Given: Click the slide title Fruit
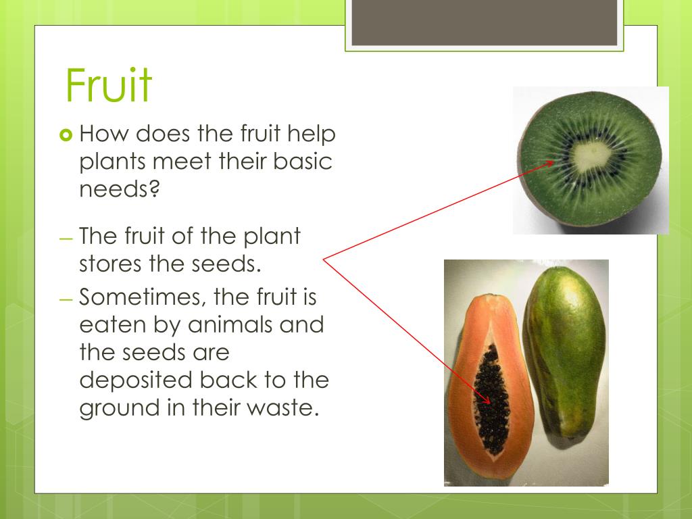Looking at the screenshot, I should click(x=109, y=85).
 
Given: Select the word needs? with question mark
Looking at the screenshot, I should click(x=119, y=189).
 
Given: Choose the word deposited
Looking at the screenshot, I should click(x=136, y=380).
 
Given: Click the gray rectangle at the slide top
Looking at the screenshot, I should click(x=484, y=23).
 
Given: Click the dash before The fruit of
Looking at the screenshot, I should click(x=66, y=240).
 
